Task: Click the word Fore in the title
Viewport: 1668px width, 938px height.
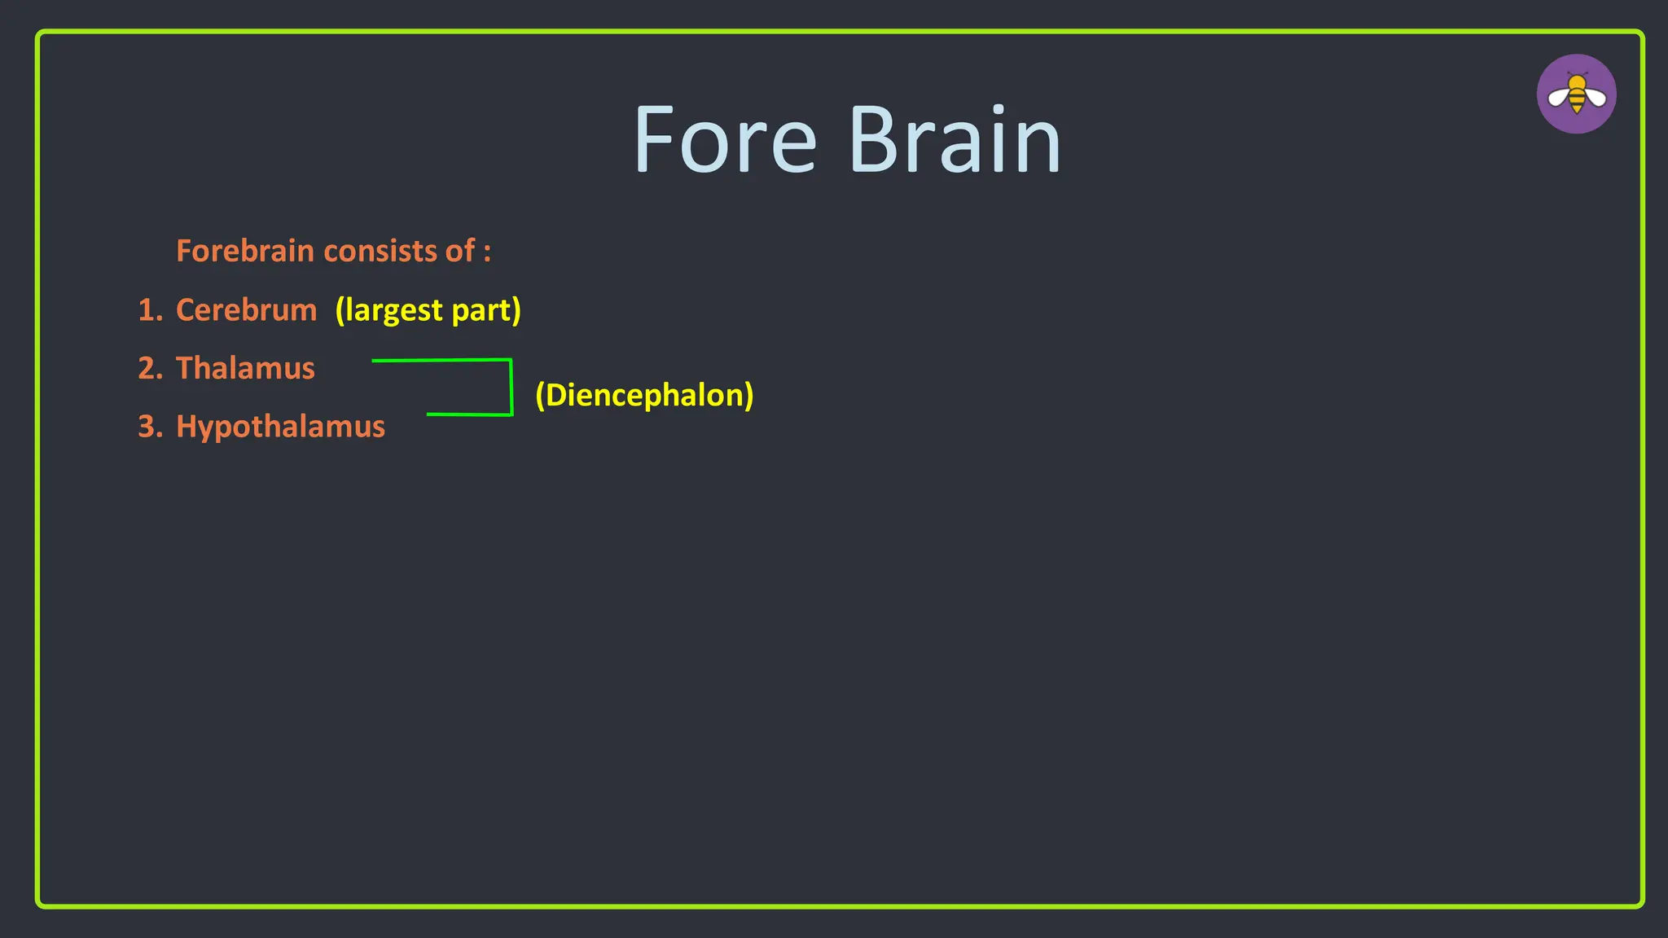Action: pyautogui.click(x=724, y=140)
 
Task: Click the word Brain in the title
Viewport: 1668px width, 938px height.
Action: pyautogui.click(x=954, y=140)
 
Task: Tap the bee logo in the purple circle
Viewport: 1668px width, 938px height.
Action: pyautogui.click(x=1576, y=94)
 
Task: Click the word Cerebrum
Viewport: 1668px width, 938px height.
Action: pyautogui.click(x=246, y=310)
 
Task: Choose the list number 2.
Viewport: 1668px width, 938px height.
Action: pyautogui.click(x=150, y=369)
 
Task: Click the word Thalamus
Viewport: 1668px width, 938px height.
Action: pyautogui.click(x=245, y=369)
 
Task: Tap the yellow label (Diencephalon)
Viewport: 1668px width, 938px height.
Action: pyautogui.click(x=644, y=396)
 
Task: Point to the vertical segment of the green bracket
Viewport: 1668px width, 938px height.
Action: pyautogui.click(x=511, y=388)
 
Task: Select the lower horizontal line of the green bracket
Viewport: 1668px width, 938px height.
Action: pyautogui.click(x=469, y=414)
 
